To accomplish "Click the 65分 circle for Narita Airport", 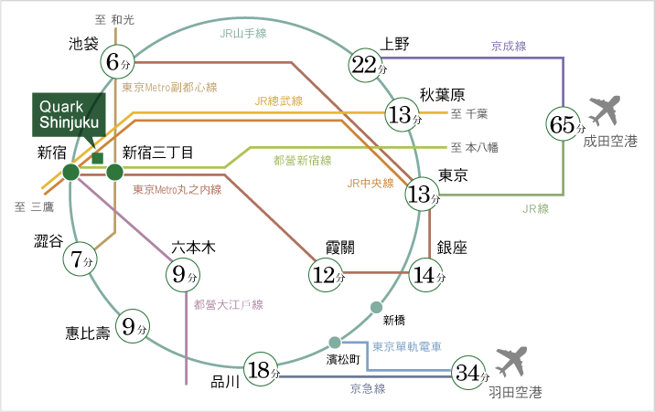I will tap(564, 123).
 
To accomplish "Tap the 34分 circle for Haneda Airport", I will tap(470, 372).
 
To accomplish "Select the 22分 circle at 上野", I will tap(365, 64).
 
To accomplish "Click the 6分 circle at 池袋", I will tap(118, 61).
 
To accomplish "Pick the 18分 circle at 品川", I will tap(263, 370).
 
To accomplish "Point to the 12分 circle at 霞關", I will tap(327, 271).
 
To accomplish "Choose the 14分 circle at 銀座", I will tap(426, 271).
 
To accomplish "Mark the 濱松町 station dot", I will tap(333, 343).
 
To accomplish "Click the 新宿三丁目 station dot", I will tap(114, 172).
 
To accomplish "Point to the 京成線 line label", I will tap(509, 45).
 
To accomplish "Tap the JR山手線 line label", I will tap(242, 33).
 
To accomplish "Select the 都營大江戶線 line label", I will tap(228, 304).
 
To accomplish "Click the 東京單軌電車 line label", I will tap(406, 347).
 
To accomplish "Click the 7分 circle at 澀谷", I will tap(80, 259).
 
